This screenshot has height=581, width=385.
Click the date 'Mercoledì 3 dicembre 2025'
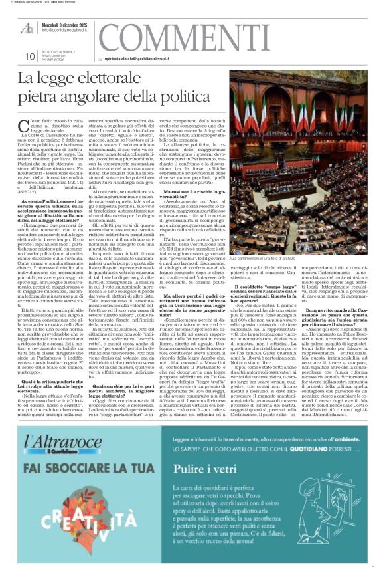[x=68, y=25]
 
